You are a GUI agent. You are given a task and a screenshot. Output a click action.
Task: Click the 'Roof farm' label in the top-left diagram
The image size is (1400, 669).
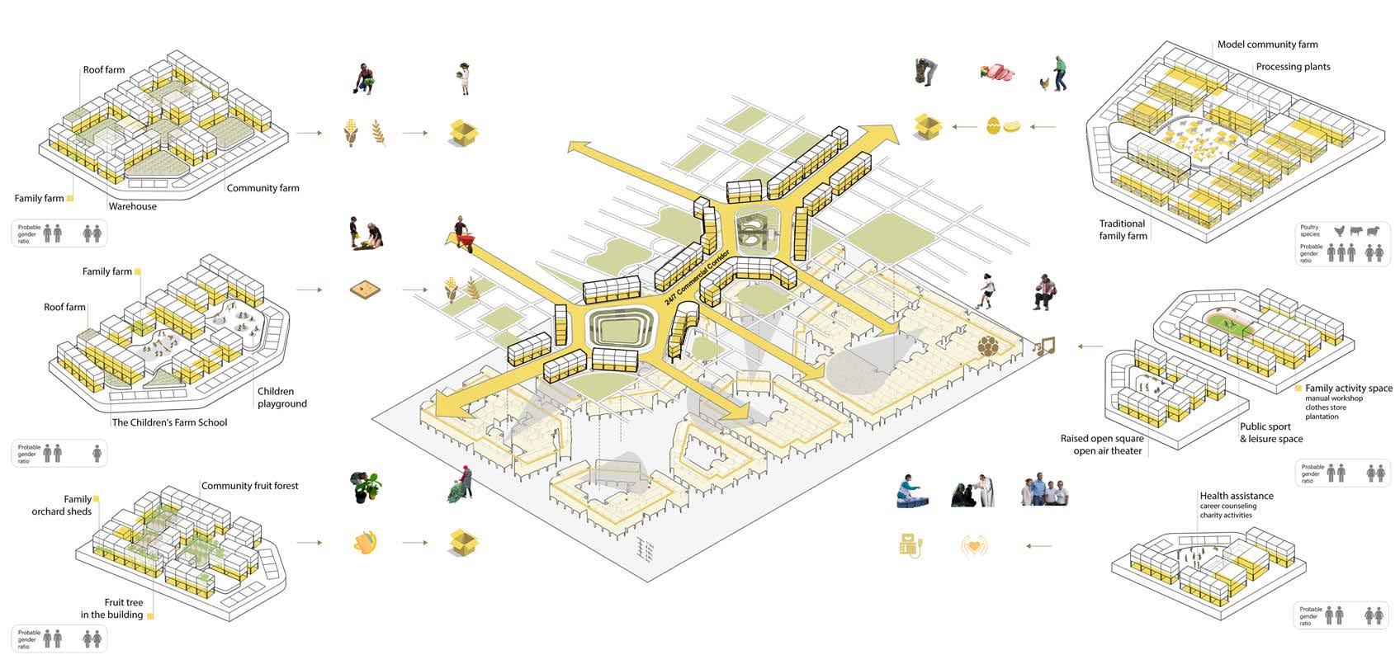click(x=104, y=69)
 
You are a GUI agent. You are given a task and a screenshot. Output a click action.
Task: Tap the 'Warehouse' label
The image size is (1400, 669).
click(x=132, y=206)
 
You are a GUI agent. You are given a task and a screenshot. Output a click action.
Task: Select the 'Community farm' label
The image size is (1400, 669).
click(x=262, y=188)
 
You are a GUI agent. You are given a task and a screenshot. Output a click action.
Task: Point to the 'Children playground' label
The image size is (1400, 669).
click(x=281, y=398)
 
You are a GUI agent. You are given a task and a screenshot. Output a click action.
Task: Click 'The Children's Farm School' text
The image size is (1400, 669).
click(x=169, y=422)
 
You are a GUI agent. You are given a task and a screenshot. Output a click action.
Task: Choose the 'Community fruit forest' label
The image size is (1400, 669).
click(x=250, y=486)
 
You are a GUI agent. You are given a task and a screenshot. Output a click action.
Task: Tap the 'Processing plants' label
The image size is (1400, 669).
click(x=1293, y=67)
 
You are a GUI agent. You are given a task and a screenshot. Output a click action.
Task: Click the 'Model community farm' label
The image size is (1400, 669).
click(x=1267, y=45)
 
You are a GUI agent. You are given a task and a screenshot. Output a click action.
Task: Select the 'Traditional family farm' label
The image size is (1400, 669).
click(x=1123, y=229)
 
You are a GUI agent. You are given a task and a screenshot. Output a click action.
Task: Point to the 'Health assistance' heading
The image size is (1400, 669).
click(x=1236, y=496)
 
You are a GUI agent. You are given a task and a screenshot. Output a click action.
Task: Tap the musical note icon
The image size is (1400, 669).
click(x=1045, y=346)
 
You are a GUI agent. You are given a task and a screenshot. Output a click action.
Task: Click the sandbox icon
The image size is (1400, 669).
click(x=363, y=290)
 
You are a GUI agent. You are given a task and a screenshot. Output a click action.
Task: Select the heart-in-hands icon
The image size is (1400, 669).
click(x=974, y=545)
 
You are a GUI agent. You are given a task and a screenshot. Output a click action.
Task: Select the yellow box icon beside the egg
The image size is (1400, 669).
click(x=929, y=125)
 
